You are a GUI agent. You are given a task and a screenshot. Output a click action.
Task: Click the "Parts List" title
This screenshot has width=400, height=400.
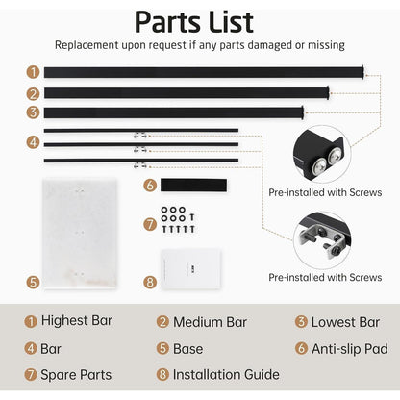point(194,22)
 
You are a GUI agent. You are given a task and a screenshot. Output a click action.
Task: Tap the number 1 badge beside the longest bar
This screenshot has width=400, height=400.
point(33,72)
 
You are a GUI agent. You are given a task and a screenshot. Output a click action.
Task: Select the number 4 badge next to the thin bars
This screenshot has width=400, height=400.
point(33,142)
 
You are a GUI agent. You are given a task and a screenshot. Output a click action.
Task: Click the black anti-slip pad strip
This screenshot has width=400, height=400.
point(193,186)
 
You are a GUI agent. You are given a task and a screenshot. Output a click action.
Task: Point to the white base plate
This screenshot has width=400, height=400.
point(80,234)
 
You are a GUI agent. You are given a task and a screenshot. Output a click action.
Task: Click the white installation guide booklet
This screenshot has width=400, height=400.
point(191,268)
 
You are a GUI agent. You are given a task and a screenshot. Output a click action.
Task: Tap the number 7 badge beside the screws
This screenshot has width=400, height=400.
point(150,224)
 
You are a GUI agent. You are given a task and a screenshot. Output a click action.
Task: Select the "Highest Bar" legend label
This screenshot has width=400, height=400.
point(77,320)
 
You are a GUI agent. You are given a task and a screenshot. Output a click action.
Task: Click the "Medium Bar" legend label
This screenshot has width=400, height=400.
point(210,322)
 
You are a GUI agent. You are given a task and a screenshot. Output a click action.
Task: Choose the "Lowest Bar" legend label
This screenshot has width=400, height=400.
point(345,322)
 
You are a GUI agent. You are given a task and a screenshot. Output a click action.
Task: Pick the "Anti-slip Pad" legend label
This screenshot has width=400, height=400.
point(350,349)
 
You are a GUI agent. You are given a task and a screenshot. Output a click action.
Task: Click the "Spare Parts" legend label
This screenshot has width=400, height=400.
point(76,375)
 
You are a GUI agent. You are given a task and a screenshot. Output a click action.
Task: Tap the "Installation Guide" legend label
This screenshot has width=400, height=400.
point(226,374)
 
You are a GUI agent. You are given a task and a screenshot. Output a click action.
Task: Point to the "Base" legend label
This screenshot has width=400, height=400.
point(187,349)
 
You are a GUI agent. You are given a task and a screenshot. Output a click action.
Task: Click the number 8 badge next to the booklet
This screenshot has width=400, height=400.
point(150,282)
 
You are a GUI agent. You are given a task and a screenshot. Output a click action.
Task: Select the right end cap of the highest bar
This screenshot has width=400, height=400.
point(362,72)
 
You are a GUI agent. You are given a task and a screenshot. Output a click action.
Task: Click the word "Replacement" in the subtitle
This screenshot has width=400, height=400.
point(87,45)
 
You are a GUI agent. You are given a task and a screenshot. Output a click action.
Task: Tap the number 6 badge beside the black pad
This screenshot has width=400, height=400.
point(150,186)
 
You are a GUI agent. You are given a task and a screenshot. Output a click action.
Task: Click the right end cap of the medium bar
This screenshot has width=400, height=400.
point(328,93)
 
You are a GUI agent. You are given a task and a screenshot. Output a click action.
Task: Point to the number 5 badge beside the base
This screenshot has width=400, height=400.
point(33,282)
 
